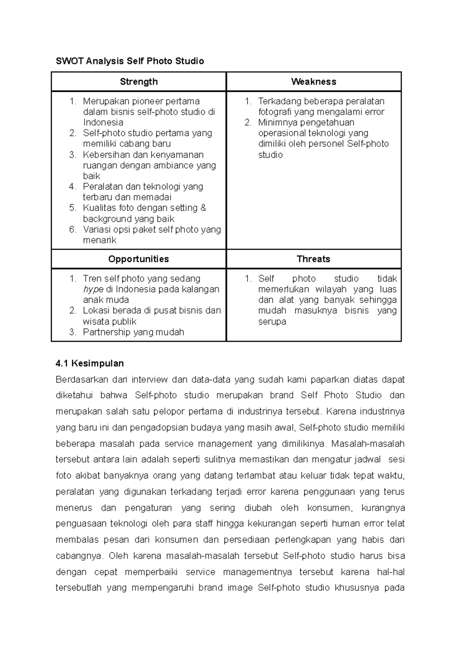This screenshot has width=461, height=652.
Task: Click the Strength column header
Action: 139,81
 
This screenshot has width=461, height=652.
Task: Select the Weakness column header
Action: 313,81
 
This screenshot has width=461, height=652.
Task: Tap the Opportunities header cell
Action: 139,259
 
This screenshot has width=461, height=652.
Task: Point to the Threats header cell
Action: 313,259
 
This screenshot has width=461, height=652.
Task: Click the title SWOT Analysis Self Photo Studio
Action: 130,61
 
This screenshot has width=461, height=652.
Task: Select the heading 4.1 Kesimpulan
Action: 90,363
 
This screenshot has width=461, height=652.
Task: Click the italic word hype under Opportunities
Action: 93,289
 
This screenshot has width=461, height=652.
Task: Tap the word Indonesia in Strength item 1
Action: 103,122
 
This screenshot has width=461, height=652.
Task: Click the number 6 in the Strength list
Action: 73,229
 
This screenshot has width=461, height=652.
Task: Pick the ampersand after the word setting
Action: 203,208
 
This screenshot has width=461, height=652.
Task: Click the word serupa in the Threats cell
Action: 272,321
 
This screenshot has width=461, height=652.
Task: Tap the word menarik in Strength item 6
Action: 99,240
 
